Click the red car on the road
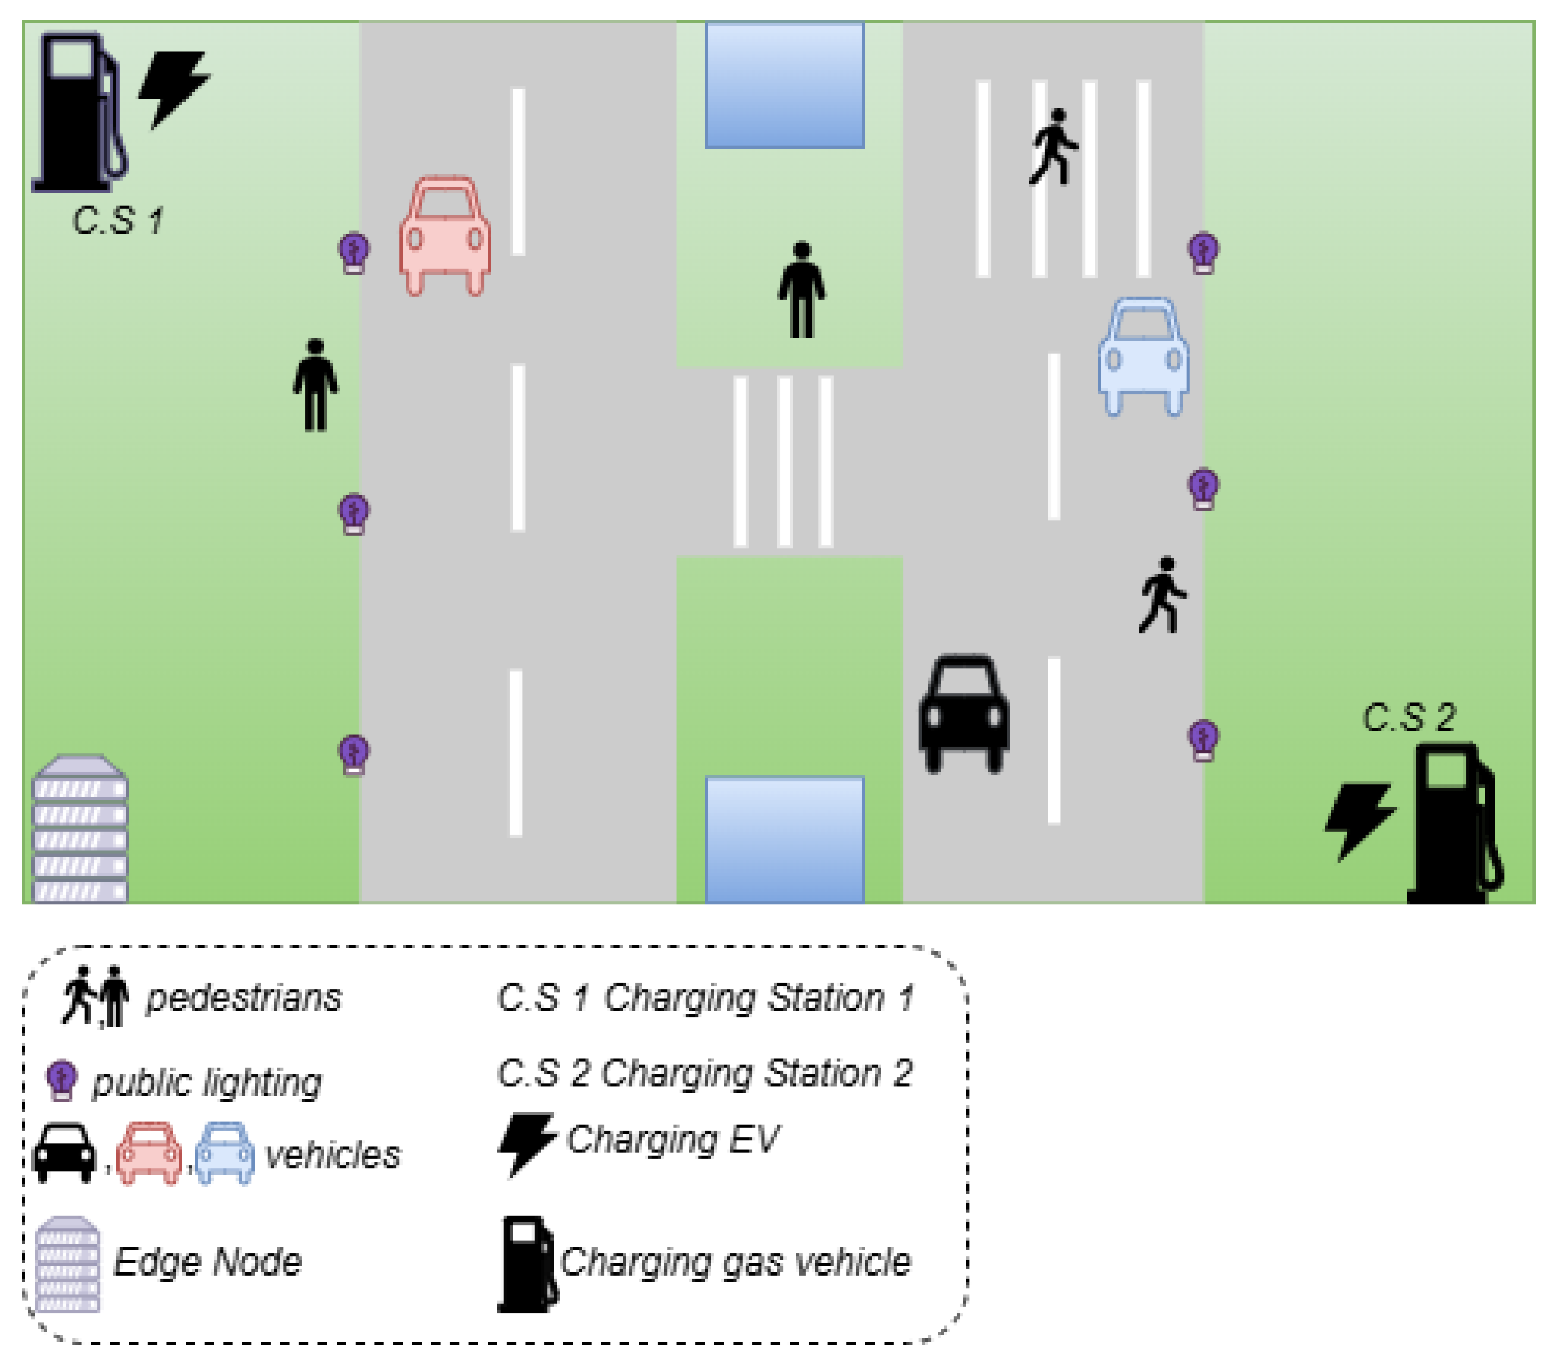(445, 236)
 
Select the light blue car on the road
(1143, 356)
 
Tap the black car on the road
(965, 713)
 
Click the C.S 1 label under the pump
(118, 221)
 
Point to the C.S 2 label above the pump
(1408, 717)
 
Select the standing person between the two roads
(801, 290)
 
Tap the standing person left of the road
(316, 385)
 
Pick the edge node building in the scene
(80, 829)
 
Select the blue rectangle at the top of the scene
(785, 85)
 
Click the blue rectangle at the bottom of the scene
(785, 839)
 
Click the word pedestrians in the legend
(243, 998)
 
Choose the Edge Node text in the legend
(207, 1262)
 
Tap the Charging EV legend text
(672, 1140)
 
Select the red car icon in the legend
(149, 1152)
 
